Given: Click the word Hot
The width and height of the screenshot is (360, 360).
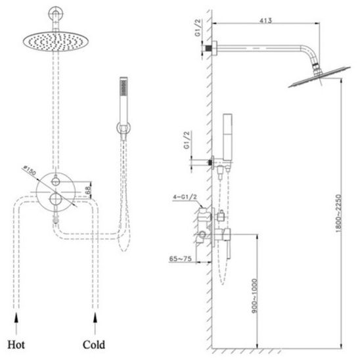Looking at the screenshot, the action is (16, 345).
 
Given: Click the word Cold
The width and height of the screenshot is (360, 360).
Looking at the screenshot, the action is (94, 345).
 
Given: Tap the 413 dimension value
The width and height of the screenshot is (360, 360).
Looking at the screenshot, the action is (265, 20).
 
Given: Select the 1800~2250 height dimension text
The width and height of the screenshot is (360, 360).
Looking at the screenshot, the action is (338, 214).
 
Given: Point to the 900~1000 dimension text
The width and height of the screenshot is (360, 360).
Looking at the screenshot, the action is (254, 296).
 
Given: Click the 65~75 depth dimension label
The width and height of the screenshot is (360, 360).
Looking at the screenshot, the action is (180, 259).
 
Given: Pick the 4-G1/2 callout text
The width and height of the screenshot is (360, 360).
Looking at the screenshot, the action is (185, 197).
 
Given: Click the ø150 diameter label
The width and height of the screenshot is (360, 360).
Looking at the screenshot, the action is (29, 170).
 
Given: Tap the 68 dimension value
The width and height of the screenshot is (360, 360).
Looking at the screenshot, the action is (88, 190).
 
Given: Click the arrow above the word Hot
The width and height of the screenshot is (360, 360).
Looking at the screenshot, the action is (16, 323).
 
